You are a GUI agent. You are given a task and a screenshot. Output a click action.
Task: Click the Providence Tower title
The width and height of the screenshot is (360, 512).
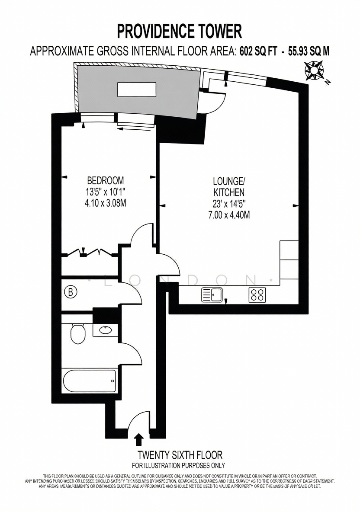tap(179, 31)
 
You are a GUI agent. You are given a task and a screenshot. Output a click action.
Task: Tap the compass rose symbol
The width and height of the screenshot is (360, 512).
tap(314, 70)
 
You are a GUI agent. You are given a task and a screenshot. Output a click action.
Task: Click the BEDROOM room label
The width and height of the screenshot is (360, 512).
tap(106, 180)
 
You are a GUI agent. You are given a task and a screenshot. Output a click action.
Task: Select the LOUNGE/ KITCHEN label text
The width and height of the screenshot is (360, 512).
tap(228, 186)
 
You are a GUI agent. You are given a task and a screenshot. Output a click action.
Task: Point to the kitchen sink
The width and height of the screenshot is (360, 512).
tap(212, 294)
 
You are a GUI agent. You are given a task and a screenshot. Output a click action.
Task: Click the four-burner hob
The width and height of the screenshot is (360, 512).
tap(257, 294)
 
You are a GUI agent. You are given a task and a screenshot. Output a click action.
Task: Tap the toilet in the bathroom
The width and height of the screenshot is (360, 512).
tap(77, 334)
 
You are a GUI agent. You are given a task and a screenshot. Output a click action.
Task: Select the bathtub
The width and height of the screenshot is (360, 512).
tap(89, 381)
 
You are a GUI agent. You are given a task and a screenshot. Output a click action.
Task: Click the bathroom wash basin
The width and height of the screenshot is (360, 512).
tap(105, 330)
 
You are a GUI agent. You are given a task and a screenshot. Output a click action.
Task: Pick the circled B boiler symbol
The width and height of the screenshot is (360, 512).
tap(71, 292)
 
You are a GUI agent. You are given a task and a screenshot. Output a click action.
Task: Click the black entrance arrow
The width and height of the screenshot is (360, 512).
tap(139, 439)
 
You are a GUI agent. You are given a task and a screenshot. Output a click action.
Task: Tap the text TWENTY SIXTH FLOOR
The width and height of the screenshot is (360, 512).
tap(180, 454)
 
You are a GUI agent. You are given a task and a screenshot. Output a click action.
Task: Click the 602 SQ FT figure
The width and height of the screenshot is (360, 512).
tap(258, 51)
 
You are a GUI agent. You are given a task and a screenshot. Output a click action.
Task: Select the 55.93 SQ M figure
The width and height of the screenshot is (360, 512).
tap(309, 51)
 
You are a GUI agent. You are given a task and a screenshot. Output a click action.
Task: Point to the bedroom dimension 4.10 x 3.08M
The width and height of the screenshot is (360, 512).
tap(106, 203)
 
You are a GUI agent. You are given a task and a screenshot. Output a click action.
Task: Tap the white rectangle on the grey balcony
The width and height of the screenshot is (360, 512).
tap(137, 90)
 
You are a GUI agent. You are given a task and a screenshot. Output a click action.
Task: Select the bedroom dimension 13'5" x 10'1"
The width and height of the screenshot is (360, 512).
tap(106, 192)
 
